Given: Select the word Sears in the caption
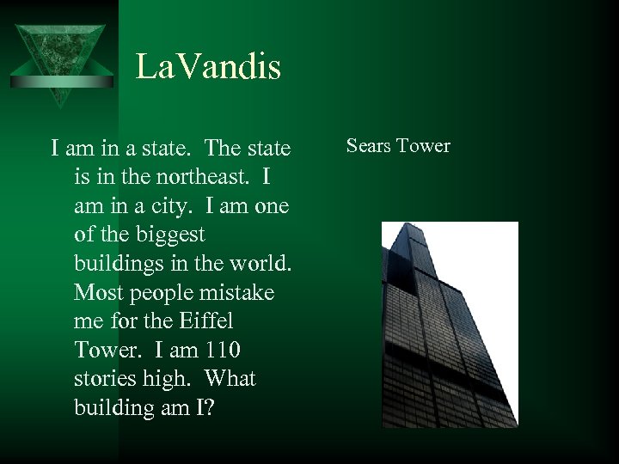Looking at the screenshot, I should coord(370,146).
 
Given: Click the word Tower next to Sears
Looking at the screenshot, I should coord(424,146).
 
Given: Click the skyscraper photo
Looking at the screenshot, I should coord(450,325).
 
